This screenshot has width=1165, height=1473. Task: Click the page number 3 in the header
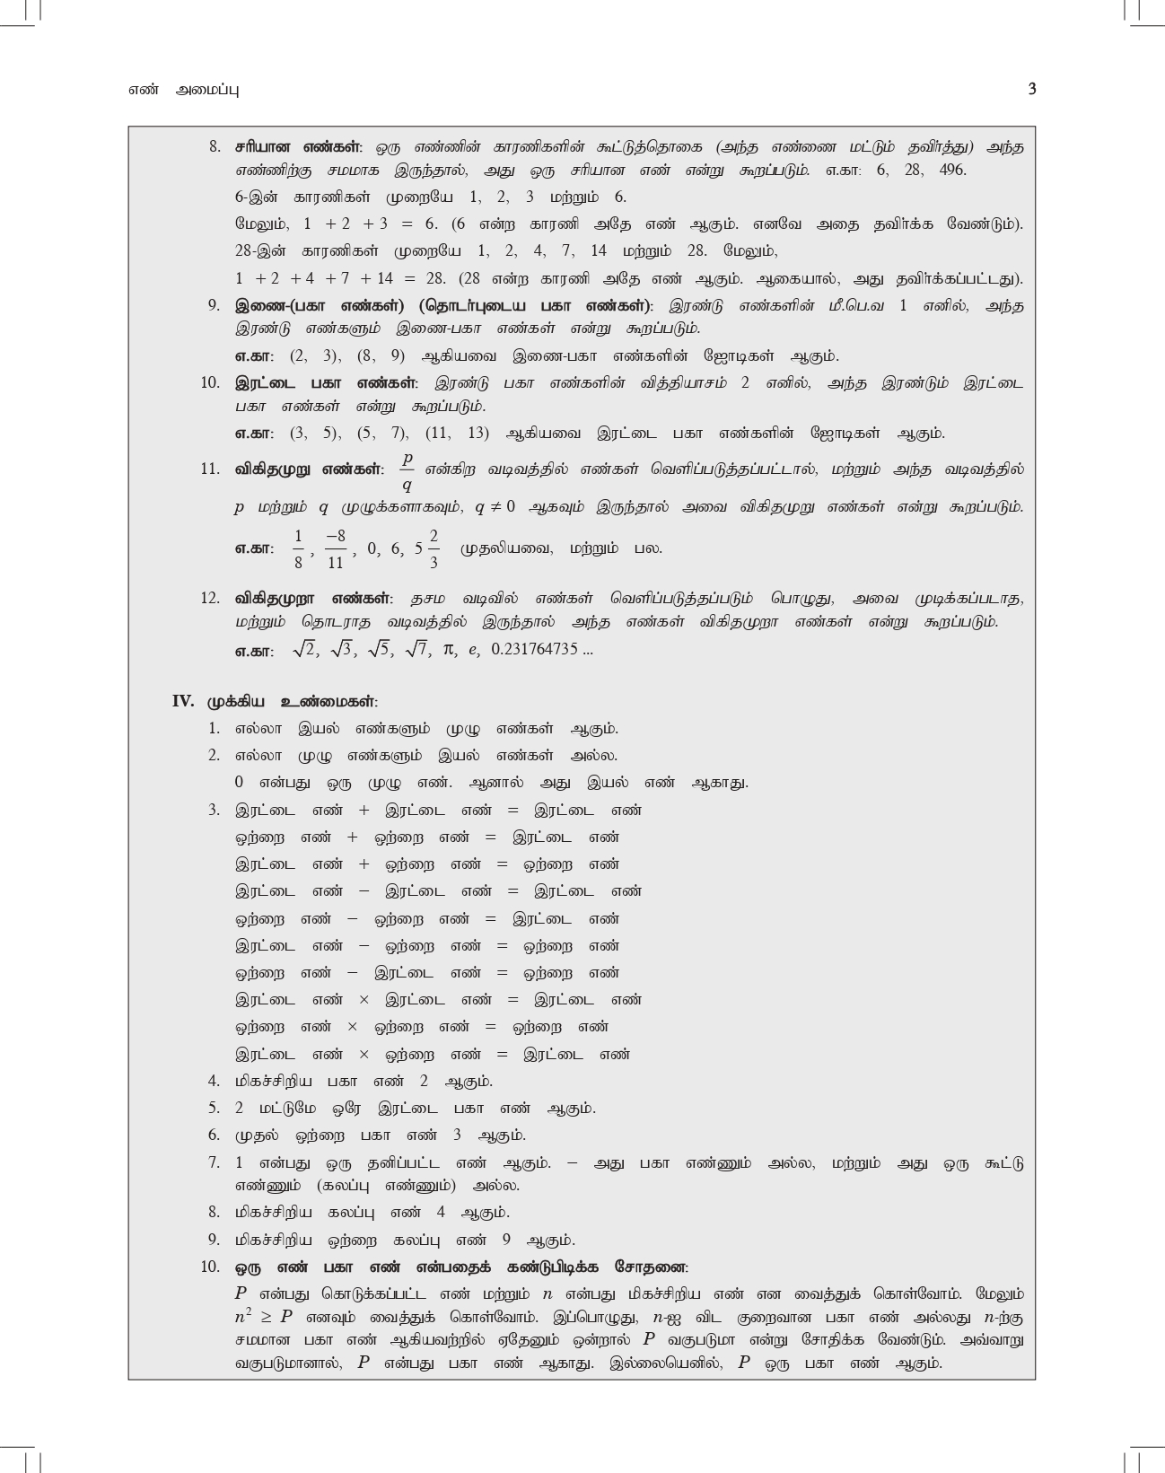click(1031, 89)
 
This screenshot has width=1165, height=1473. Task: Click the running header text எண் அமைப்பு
click(183, 90)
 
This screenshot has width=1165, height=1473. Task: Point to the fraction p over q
click(407, 471)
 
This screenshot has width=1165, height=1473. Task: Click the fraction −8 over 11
click(336, 548)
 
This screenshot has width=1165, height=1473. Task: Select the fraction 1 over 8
click(298, 548)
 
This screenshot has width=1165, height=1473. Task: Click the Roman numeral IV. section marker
click(183, 701)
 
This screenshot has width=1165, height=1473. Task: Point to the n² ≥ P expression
click(264, 1317)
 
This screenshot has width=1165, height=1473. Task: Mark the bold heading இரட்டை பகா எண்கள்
click(326, 383)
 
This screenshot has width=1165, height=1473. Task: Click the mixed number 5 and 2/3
click(427, 548)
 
